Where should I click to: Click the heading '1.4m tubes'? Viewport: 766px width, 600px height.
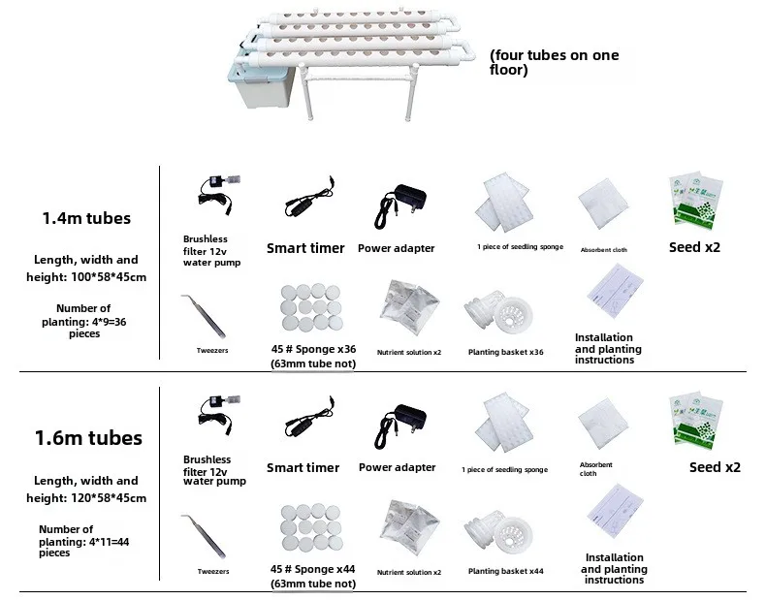coord(85,218)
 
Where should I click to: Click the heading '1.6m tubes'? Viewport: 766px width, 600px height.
coord(87,437)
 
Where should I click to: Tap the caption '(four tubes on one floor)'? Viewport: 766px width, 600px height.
coord(554,63)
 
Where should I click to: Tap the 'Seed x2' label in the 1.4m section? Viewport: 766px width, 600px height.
coord(694,247)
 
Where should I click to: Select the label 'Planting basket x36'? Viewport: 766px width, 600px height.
coord(505,352)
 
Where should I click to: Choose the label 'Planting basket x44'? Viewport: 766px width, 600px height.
coord(505,571)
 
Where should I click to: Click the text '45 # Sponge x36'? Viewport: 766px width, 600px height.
coord(312,350)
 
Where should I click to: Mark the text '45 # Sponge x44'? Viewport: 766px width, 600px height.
coord(312,570)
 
